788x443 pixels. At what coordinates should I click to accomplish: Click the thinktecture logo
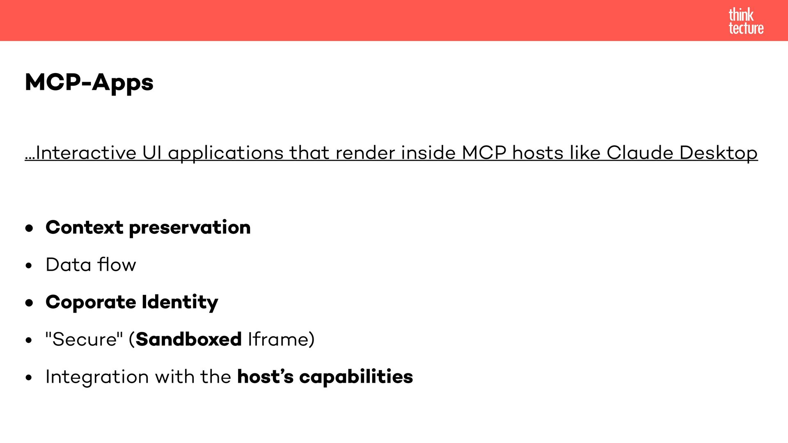point(746,21)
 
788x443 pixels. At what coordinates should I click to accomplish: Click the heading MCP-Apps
point(89,82)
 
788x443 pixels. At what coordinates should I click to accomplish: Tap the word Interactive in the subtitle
point(86,153)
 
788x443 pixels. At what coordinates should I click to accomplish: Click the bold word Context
point(84,227)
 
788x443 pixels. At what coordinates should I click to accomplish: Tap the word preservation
point(190,228)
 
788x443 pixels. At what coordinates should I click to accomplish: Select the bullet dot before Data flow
point(28,265)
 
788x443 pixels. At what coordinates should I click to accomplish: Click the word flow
point(117,265)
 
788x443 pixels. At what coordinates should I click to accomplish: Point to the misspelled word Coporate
point(91,303)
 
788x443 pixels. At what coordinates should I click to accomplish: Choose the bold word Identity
point(180,303)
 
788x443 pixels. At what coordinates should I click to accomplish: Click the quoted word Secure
point(84,340)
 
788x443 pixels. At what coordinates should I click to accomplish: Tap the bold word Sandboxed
point(188,339)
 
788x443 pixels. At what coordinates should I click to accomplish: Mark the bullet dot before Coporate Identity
point(29,303)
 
